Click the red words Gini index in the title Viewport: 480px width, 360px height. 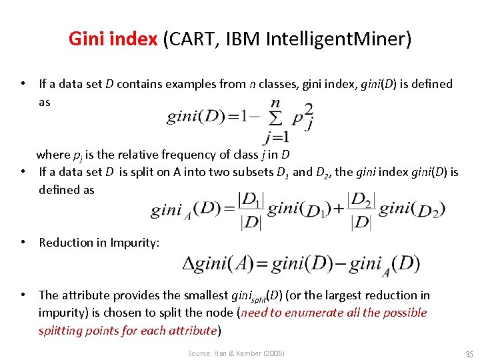coord(113,39)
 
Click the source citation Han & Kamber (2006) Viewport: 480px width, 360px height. coord(236,353)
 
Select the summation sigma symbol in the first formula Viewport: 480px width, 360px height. coord(274,121)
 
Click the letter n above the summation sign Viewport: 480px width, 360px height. coord(275,103)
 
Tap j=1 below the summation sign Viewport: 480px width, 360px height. coord(276,138)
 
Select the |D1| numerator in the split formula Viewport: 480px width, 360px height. coord(251,199)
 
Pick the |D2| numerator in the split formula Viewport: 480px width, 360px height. coord(362,199)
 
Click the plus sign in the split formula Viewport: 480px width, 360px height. coord(337,209)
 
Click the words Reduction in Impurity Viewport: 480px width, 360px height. coord(99,243)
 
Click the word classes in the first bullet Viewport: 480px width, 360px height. coord(278,84)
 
